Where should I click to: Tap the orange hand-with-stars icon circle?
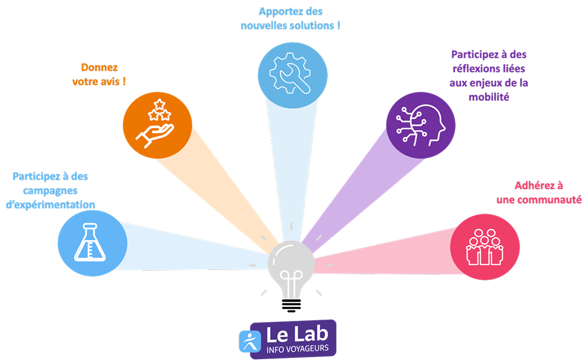tap(157, 124)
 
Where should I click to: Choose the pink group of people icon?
tap(485, 246)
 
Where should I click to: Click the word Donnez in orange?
tap(99, 68)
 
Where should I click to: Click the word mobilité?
tap(489, 97)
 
